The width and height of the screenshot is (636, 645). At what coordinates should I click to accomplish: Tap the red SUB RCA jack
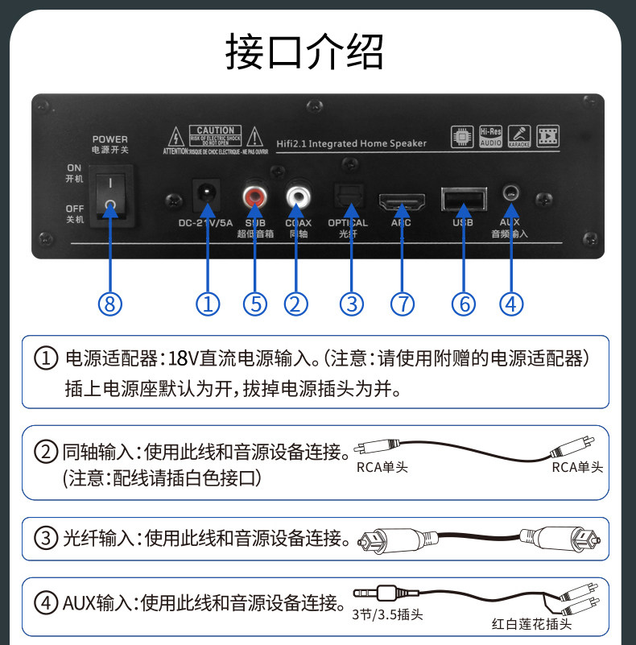[x=256, y=196]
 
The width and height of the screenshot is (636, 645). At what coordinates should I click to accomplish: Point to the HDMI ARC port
[x=400, y=198]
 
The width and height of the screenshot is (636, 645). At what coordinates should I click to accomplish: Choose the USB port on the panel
[x=464, y=198]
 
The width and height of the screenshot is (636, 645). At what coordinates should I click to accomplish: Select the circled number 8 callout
[x=111, y=304]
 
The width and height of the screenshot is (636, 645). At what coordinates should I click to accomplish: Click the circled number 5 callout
[x=256, y=304]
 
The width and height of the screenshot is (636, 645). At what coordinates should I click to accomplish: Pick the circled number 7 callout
[x=402, y=304]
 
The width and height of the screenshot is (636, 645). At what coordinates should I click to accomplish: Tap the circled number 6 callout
[x=464, y=304]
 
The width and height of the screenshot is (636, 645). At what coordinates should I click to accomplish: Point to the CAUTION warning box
[x=216, y=134]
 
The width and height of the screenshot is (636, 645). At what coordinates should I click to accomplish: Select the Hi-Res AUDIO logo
[x=490, y=135]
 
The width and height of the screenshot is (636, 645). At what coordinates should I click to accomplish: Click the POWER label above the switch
[x=110, y=139]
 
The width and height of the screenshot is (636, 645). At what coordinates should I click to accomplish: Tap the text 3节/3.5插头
[x=387, y=616]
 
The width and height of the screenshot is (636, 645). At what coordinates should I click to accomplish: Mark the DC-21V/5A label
[x=206, y=223]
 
